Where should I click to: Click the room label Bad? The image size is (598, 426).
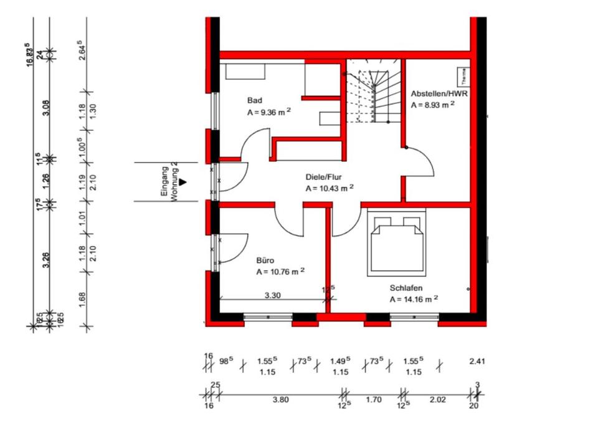[254, 100]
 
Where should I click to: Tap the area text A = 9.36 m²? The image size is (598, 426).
[269, 113]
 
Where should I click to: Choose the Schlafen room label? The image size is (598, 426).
[406, 288]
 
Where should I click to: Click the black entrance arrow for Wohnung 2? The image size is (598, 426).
[183, 181]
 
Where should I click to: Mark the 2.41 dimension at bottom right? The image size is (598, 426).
[477, 361]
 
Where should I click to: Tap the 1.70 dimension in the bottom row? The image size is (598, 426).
[373, 400]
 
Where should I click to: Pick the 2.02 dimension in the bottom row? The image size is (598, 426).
[438, 400]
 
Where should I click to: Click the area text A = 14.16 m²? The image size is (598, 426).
[414, 299]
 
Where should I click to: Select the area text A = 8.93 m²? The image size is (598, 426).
[432, 105]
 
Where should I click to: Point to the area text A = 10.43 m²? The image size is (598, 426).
[330, 188]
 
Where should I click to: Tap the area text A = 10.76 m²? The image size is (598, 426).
[280, 272]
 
